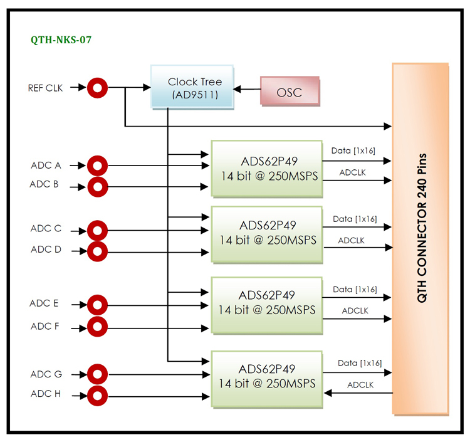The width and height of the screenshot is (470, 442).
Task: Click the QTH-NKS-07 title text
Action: [61, 39]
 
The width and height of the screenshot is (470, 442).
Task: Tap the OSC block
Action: [289, 93]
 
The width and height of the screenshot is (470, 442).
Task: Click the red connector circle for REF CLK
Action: [97, 88]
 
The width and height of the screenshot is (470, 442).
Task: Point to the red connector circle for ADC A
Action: [97, 166]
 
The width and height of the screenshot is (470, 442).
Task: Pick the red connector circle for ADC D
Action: [97, 251]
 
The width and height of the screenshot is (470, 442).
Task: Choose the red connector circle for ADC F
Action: [97, 326]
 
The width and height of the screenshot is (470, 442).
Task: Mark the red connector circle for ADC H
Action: [97, 396]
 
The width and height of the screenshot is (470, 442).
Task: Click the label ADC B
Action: [44, 184]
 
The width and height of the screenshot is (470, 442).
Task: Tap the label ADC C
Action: [46, 229]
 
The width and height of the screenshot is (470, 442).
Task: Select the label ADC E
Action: [44, 303]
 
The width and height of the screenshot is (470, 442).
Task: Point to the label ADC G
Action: [46, 375]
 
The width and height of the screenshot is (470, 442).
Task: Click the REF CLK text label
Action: [45, 88]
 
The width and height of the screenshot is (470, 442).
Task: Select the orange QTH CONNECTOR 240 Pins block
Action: [420, 238]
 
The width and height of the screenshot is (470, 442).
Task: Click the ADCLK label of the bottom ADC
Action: [360, 384]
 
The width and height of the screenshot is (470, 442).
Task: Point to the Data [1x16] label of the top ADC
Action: [353, 151]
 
